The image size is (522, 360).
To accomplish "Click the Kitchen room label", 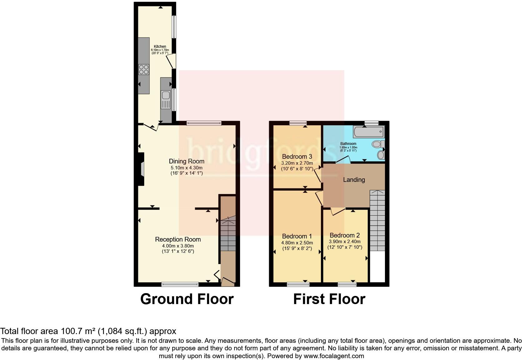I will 160,47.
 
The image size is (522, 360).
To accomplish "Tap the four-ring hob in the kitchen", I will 144,69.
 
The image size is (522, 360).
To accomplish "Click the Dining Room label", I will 186,161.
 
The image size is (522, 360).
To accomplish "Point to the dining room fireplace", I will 141,169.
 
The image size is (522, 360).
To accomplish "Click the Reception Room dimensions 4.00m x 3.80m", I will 178,246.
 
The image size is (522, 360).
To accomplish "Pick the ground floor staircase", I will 228,234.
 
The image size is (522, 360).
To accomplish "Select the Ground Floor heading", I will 187,299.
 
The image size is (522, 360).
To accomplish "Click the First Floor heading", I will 329,299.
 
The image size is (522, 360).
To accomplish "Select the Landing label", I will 354,180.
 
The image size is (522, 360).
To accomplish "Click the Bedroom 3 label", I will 297,156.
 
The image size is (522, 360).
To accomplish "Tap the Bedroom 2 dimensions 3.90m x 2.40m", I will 345,242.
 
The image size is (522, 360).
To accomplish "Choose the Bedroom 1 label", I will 297,236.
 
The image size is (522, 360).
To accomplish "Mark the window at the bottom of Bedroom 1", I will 298,284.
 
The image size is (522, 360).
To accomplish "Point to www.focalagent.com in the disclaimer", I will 333,356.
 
